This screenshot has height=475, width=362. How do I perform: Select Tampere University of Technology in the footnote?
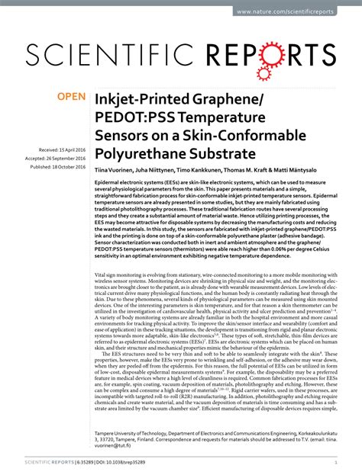coord(137,430)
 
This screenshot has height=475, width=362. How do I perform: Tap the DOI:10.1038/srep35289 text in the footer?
coord(108,462)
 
